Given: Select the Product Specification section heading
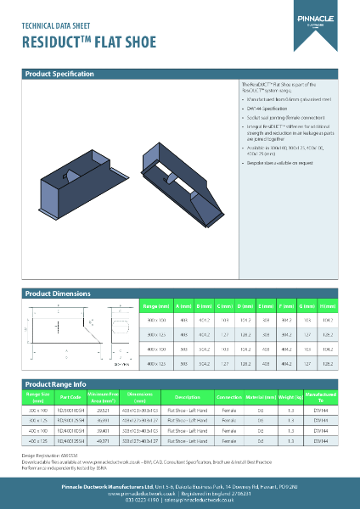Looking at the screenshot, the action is point(59,75).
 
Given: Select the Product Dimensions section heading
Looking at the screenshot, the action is point(57,294).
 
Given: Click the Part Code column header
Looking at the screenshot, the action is point(70,396).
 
